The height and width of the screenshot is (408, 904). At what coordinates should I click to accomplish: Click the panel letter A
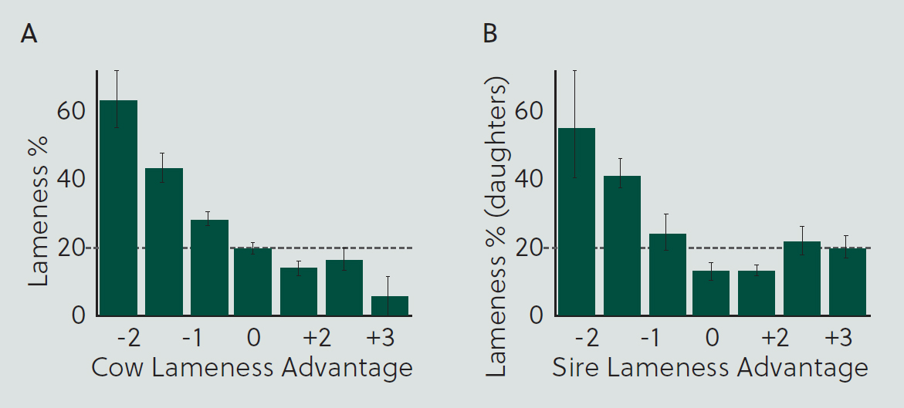pyautogui.click(x=29, y=34)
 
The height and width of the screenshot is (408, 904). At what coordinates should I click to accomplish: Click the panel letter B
pyautogui.click(x=489, y=34)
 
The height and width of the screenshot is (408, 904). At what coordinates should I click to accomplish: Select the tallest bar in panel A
pyautogui.click(x=119, y=208)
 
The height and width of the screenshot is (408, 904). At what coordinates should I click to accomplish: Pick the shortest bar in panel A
pyautogui.click(x=390, y=306)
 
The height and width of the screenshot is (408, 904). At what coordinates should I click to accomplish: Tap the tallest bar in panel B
pyautogui.click(x=577, y=222)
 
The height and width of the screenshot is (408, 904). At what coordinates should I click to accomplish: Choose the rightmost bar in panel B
pyautogui.click(x=848, y=282)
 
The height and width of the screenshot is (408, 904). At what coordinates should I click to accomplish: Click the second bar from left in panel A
pyautogui.click(x=164, y=242)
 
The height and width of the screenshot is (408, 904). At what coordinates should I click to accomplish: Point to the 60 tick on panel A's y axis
pyautogui.click(x=71, y=110)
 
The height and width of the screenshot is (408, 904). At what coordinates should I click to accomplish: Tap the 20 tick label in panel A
pyautogui.click(x=71, y=248)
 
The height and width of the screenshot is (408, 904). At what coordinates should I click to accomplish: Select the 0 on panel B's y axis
pyautogui.click(x=536, y=315)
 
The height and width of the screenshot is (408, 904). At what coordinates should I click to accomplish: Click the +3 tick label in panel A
pyautogui.click(x=381, y=338)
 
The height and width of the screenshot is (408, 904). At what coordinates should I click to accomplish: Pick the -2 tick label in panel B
pyautogui.click(x=587, y=338)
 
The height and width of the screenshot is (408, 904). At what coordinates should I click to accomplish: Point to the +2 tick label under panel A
pyautogui.click(x=317, y=338)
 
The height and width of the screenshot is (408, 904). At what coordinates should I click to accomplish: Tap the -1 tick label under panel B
pyautogui.click(x=649, y=338)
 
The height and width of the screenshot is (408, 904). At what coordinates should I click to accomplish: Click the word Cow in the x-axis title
pyautogui.click(x=117, y=367)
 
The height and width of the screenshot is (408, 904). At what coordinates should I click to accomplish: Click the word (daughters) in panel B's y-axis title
pyautogui.click(x=496, y=147)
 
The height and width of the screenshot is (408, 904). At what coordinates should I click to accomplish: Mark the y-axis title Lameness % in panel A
pyautogui.click(x=39, y=211)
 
